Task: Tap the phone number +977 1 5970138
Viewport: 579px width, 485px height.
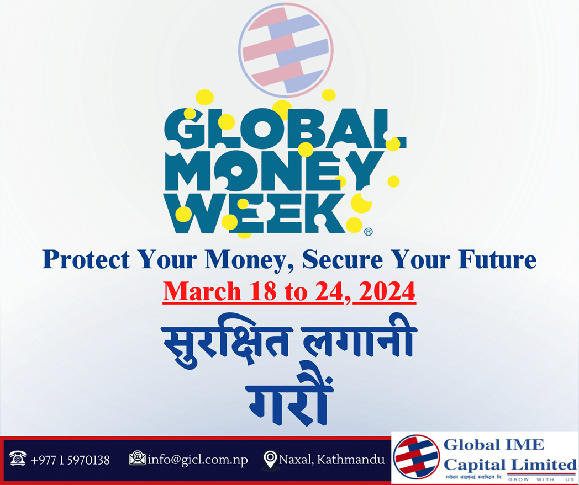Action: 70,460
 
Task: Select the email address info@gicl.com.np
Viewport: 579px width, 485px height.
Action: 198,460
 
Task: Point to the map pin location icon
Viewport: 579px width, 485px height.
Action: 270,460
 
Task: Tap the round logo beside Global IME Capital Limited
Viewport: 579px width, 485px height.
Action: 416,456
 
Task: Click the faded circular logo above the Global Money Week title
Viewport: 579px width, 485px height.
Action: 286,50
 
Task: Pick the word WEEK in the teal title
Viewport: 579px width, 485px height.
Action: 255,213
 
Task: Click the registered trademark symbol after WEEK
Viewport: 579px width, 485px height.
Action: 368,232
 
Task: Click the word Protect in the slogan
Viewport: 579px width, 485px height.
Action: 86,259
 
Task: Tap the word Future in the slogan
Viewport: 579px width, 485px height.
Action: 497,259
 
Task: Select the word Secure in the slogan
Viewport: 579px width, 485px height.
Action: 343,259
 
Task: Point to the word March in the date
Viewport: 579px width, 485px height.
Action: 202,291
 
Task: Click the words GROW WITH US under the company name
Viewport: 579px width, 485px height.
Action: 541,479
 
